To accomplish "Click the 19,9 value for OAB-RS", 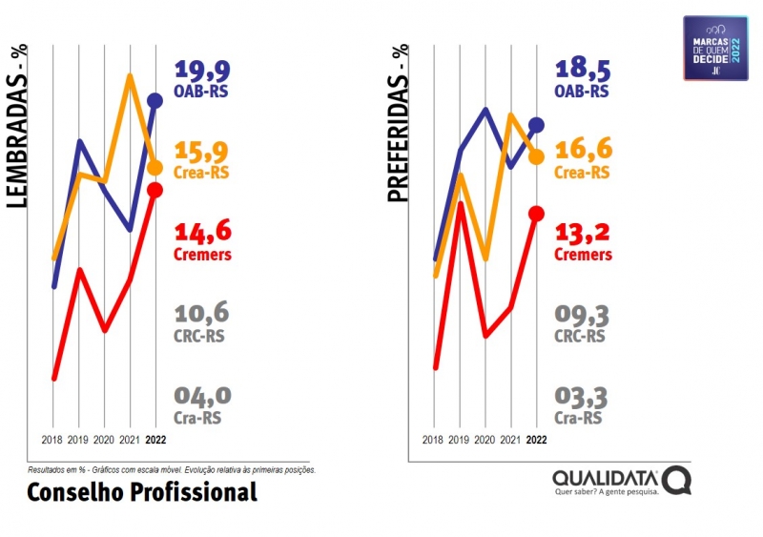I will [x=202, y=70].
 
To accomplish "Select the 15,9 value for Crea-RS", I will [x=202, y=151].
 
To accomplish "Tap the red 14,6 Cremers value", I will [x=202, y=232].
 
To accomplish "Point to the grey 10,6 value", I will [x=202, y=313].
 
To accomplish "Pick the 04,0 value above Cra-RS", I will [x=202, y=395].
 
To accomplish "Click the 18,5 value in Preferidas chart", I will [x=583, y=70].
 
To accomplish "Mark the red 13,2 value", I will [x=583, y=232].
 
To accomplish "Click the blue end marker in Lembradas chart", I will [x=155, y=101].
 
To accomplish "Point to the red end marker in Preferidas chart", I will [x=536, y=213].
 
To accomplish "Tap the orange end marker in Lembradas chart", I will [x=155, y=168].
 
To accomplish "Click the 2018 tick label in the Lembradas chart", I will [x=53, y=440].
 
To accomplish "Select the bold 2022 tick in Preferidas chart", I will [x=536, y=440].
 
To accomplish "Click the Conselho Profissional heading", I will [x=142, y=492].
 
